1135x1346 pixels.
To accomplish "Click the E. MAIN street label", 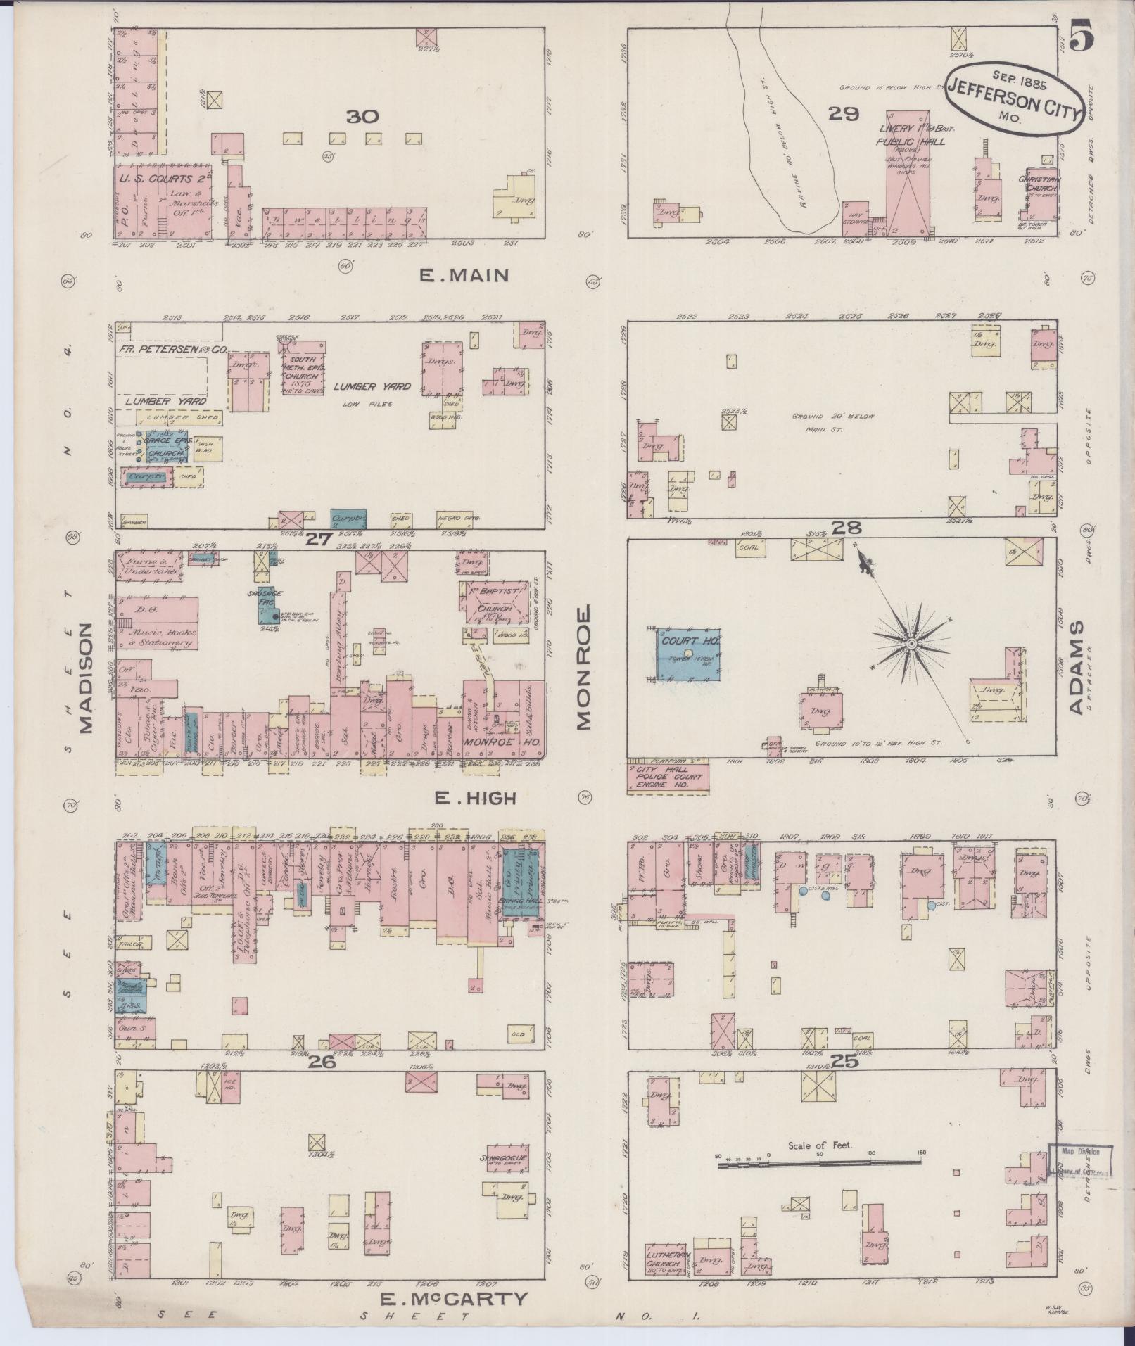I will click(464, 276).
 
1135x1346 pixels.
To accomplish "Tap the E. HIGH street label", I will click(474, 797).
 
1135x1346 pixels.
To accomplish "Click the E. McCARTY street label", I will click(454, 1298).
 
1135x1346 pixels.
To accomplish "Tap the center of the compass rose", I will click(911, 644).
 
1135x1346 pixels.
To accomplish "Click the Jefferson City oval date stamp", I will click(1013, 99).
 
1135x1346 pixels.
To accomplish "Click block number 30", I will click(362, 117).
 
